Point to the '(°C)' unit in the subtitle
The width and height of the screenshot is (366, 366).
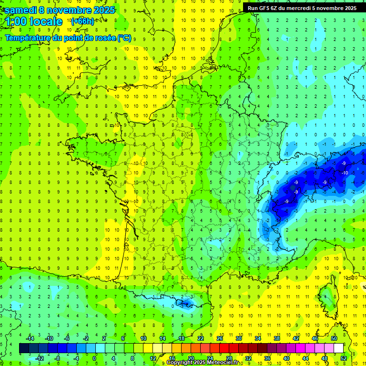[124, 38]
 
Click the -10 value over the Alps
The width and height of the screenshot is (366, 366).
[344, 173]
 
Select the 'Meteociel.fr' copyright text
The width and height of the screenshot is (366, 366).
[217, 363]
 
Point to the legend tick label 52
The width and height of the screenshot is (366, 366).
[343, 358]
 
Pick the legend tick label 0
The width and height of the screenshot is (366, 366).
[94, 358]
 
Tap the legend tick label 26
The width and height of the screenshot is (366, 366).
[220, 338]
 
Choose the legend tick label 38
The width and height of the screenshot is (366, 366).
[276, 338]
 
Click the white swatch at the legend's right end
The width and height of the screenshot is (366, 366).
[338, 348]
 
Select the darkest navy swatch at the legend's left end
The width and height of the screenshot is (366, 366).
[24, 348]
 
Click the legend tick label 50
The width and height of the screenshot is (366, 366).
[334, 338]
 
